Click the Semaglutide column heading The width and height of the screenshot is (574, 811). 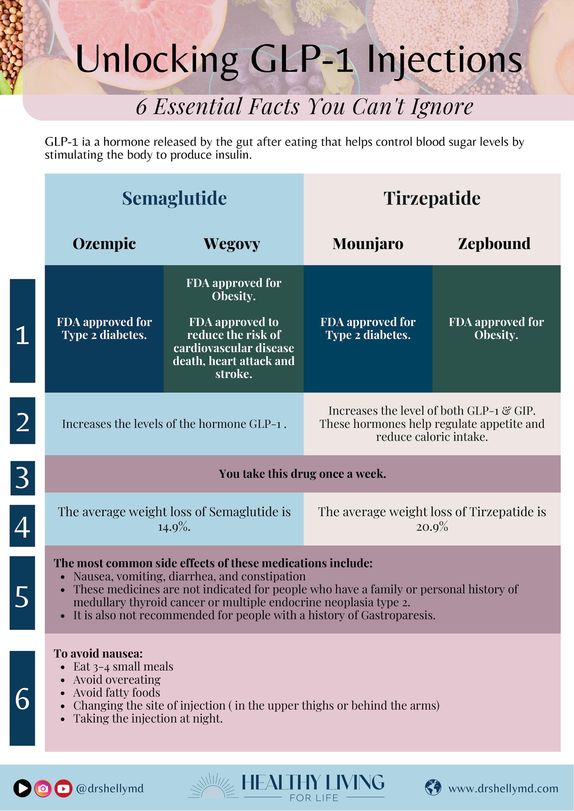pos(174,199)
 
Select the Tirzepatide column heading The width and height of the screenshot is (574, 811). pos(432,199)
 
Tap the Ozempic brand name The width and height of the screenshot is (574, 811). pos(104,244)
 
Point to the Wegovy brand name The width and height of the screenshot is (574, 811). pos(232,244)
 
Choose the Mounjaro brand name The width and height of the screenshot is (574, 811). pos(368,244)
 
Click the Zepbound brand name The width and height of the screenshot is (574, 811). pos(494,244)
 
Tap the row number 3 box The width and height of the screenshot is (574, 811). pos(22,478)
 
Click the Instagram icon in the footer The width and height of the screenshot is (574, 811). pos(43,788)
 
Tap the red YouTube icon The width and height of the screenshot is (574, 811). pos(63,788)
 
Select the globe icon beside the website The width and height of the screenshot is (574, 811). pos(433,788)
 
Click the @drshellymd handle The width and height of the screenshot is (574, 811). pos(110,788)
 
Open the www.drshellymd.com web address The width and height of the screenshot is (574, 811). pos(503,788)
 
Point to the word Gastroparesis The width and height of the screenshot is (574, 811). pos(398,615)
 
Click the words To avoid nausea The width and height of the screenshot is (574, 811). pos(98,653)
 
